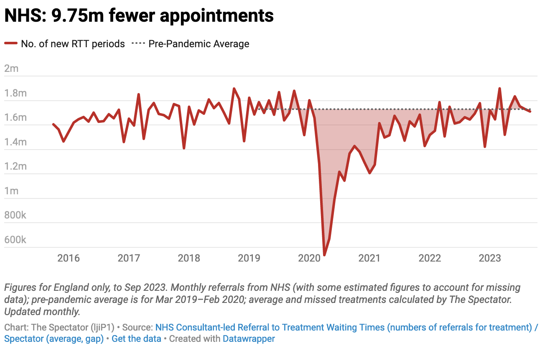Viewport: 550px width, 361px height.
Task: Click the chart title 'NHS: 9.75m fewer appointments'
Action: [x=139, y=16]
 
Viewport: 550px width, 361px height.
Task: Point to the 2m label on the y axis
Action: [x=11, y=69]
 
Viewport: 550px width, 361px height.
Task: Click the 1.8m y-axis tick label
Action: [x=15, y=93]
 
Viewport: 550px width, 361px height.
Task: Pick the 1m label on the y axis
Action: [x=11, y=191]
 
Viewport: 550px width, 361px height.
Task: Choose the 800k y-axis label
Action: [x=15, y=216]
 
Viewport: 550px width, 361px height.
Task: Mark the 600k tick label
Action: [x=15, y=240]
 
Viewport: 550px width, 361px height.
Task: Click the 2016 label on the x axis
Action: [x=69, y=258]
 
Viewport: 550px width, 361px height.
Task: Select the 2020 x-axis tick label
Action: [x=309, y=258]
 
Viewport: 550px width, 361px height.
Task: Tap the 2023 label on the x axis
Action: [x=490, y=258]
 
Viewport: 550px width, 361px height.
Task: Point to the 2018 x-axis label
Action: [x=189, y=258]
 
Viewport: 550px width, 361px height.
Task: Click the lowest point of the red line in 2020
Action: [x=324, y=254]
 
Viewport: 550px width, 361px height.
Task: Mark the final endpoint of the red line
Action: [x=530, y=111]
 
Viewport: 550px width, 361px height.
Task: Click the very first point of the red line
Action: [x=53, y=124]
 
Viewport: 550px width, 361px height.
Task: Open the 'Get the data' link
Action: [x=136, y=338]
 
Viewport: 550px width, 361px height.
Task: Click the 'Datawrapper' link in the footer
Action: [x=249, y=338]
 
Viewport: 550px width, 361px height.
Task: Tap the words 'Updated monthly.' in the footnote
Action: [x=42, y=312]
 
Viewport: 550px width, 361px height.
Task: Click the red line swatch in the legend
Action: [x=11, y=44]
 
